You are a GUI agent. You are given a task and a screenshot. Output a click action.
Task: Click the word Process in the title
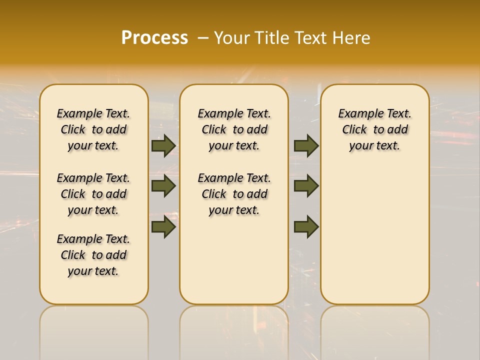tap(154, 38)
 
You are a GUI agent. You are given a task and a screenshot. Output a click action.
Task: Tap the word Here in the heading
tap(352, 38)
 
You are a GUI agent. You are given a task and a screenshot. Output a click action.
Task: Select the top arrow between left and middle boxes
tap(163, 145)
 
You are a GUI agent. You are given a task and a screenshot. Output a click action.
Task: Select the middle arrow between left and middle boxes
tap(163, 186)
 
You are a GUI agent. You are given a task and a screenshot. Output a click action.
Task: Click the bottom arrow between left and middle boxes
tap(163, 227)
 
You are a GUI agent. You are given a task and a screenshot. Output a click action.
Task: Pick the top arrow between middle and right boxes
tap(306, 145)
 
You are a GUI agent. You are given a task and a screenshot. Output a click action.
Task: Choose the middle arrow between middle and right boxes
tap(306, 186)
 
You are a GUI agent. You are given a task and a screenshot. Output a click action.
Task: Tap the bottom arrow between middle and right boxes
tap(306, 227)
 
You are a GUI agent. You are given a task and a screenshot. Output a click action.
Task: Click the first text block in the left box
tap(93, 129)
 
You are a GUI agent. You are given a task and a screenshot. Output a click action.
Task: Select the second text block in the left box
tap(93, 194)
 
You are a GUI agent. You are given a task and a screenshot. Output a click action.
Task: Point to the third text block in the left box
tap(93, 255)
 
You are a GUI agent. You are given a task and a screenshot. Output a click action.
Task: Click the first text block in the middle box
tap(234, 129)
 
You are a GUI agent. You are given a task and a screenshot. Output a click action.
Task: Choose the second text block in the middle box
tap(234, 194)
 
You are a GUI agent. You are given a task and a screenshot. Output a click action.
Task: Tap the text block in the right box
tap(374, 129)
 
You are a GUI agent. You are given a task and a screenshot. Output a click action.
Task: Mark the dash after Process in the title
tap(203, 38)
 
